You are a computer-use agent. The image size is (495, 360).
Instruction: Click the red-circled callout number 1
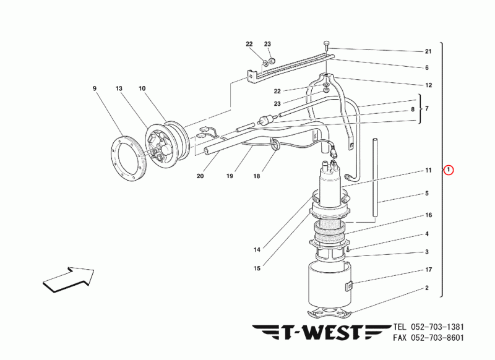448,170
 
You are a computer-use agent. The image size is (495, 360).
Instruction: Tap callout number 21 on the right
428,51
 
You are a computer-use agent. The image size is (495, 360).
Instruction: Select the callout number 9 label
95,88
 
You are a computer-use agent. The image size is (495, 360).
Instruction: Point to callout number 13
119,88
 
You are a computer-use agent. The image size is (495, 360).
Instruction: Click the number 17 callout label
428,270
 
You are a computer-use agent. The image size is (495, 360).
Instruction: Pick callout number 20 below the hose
200,176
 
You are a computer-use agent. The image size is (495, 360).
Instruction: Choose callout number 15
257,268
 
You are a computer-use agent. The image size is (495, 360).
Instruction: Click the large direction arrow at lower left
69,279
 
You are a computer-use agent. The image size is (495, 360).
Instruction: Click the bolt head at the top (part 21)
326,44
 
